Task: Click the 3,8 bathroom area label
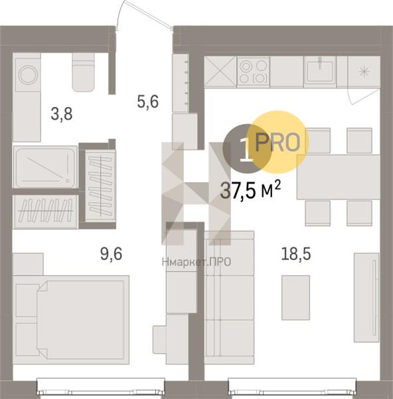(x=62, y=114)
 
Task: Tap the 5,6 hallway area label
(x=148, y=101)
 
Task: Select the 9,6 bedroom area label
(x=112, y=254)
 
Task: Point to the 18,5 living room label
(x=296, y=254)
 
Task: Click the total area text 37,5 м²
(x=250, y=190)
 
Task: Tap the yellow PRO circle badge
(x=278, y=142)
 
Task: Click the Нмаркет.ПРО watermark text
(x=196, y=261)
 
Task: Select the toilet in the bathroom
(x=84, y=72)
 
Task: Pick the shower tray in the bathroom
(x=45, y=167)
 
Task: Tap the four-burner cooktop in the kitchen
(x=254, y=71)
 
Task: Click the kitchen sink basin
(x=320, y=71)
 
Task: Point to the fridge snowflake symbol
(x=364, y=71)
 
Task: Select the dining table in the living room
(x=339, y=177)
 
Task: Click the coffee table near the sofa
(x=295, y=297)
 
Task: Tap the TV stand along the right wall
(x=366, y=297)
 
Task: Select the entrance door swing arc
(x=119, y=13)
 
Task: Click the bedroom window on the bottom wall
(x=101, y=388)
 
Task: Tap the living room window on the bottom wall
(x=292, y=388)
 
